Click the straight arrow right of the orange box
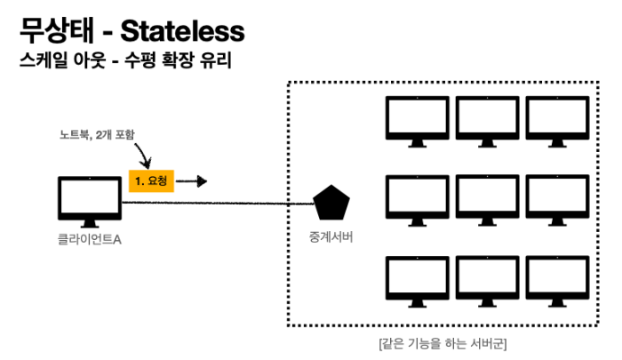(x=195, y=181)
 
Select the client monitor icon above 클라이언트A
(x=89, y=201)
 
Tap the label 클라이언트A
(x=86, y=239)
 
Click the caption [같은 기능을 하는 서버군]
(x=442, y=342)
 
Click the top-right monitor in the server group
(x=557, y=120)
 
